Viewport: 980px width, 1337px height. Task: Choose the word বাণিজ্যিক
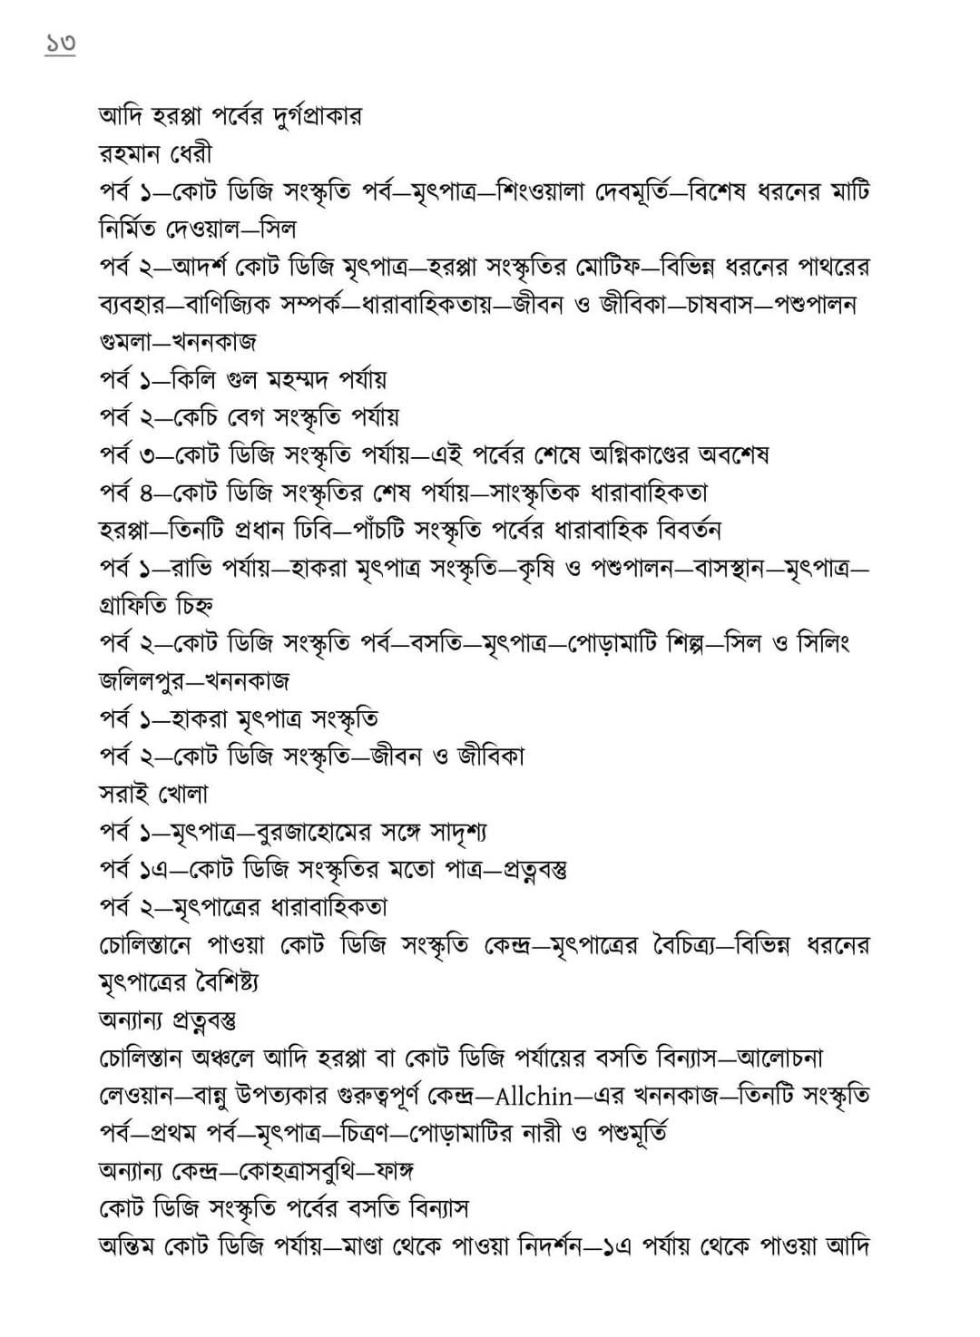click(x=239, y=305)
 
